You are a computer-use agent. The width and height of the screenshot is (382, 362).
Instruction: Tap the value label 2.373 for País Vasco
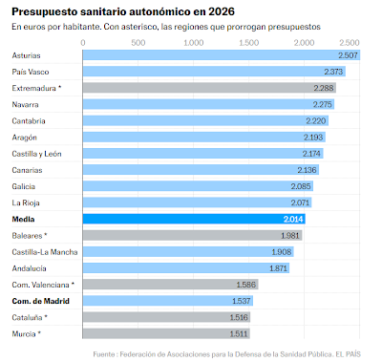click(x=333, y=73)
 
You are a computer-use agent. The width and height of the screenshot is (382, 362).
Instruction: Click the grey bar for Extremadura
click(x=201, y=89)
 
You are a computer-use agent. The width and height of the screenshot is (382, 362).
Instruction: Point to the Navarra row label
click(x=26, y=105)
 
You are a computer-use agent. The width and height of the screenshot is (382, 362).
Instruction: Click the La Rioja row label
click(x=26, y=202)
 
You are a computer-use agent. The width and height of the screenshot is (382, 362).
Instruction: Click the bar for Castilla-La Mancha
click(x=172, y=251)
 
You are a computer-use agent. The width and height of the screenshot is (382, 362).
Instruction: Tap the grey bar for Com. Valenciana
click(x=153, y=285)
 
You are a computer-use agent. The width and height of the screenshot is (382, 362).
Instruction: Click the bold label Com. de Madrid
click(x=38, y=301)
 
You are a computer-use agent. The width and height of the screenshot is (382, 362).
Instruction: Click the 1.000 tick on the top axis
click(x=195, y=44)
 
